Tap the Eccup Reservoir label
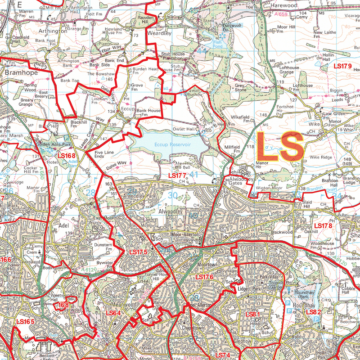166,144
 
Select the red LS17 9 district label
342,66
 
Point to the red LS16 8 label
67,156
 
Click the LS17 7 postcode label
177,175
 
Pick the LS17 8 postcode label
323,225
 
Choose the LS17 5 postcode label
138,252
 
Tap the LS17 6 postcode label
204,277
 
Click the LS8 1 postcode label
253,313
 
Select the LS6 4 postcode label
113,313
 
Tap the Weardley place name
159,33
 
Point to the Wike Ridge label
320,157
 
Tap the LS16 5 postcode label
25,322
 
